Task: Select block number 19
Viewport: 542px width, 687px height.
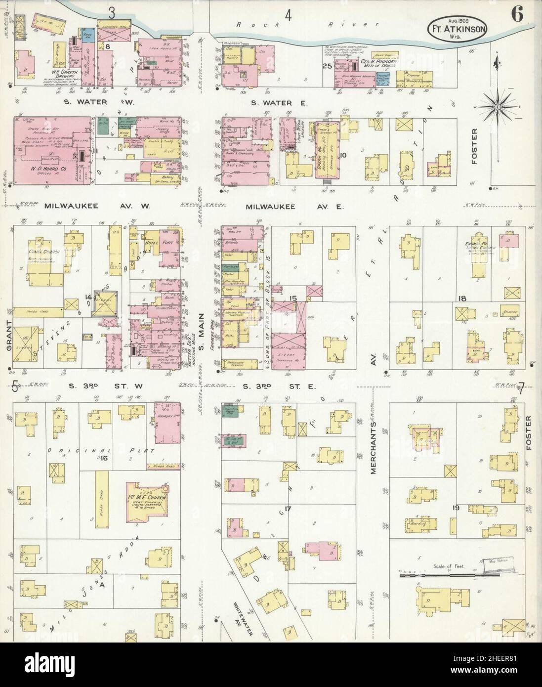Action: [456, 507]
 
